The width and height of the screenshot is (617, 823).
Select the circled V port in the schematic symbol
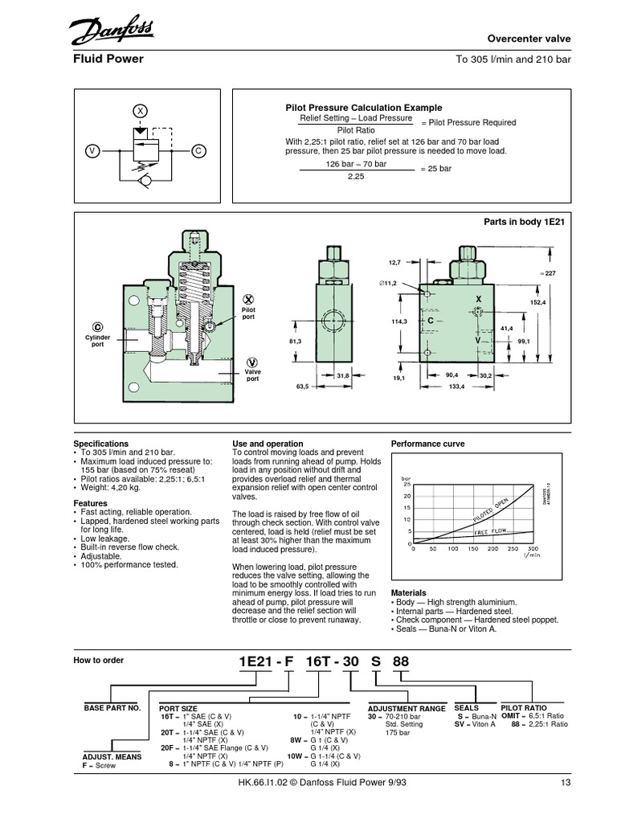point(92,150)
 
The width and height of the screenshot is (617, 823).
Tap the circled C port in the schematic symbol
point(198,150)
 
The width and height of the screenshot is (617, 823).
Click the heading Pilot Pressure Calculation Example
point(364,108)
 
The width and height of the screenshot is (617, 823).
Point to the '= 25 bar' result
point(439,170)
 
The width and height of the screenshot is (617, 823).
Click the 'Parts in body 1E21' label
point(525,221)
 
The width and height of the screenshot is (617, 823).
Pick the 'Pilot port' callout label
point(247,313)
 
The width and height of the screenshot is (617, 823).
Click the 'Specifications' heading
point(100,444)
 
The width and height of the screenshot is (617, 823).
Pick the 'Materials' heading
point(408,592)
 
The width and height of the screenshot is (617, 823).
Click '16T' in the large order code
point(320,661)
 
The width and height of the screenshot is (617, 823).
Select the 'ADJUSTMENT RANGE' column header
point(407,709)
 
